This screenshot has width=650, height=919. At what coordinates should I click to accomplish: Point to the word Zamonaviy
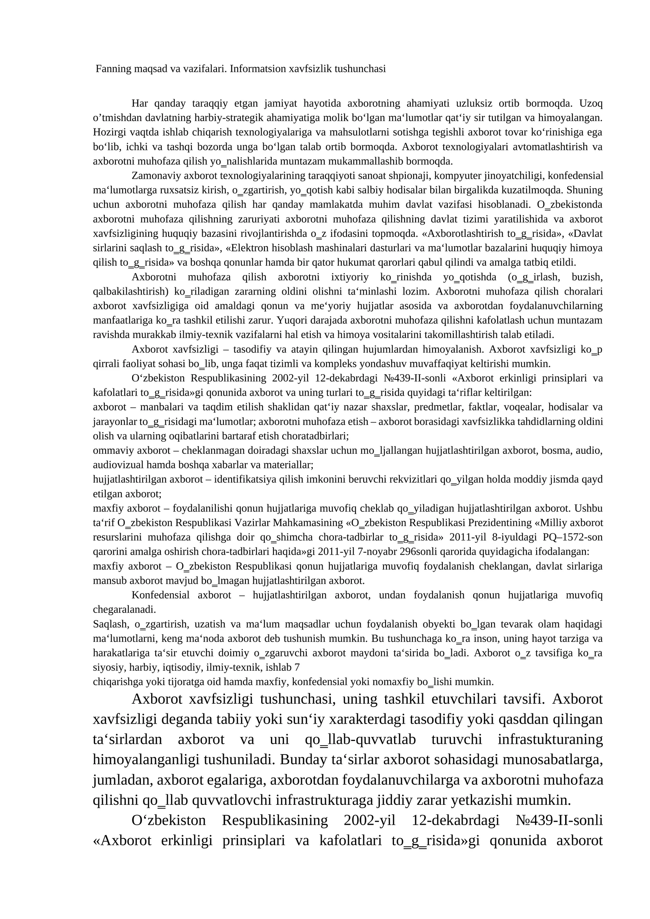click(156, 176)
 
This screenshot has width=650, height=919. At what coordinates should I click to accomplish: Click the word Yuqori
click(290, 321)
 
